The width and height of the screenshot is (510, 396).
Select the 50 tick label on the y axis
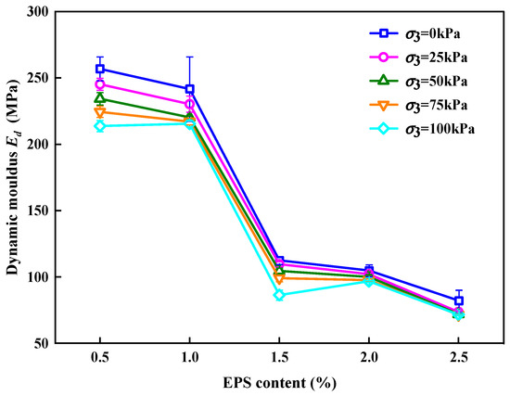pyautogui.click(x=41, y=343)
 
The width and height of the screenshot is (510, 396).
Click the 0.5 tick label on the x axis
pyautogui.click(x=100, y=358)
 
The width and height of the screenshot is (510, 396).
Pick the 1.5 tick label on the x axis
pyautogui.click(x=279, y=358)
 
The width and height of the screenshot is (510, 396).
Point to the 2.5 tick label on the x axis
pyautogui.click(x=458, y=358)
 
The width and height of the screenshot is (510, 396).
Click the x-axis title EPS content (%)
pyautogui.click(x=279, y=381)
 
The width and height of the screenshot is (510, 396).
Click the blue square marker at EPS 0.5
pyautogui.click(x=100, y=69)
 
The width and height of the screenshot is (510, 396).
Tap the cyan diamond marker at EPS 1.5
pyautogui.click(x=279, y=295)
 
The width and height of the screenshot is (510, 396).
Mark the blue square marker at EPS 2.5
pyautogui.click(x=458, y=300)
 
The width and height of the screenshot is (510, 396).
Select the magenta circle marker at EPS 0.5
pyautogui.click(x=100, y=84)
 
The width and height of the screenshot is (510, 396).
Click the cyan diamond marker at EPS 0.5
pyautogui.click(x=100, y=126)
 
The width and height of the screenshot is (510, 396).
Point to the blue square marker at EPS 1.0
pyautogui.click(x=190, y=89)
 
